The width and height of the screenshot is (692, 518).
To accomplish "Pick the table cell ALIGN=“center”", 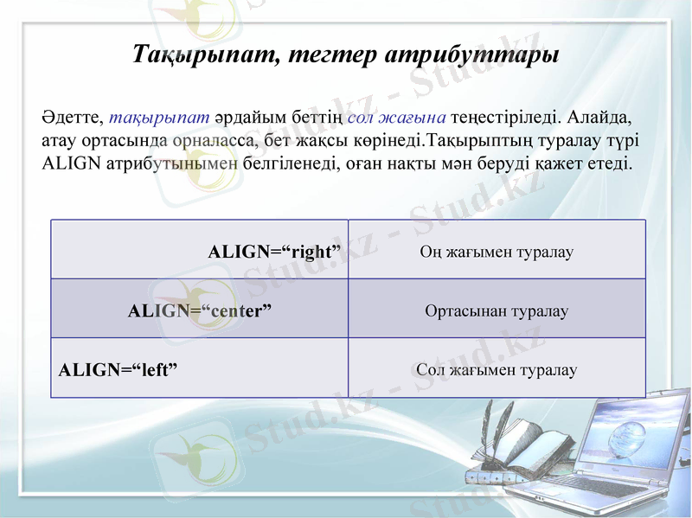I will [200, 310].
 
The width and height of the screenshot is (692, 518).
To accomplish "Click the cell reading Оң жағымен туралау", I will [497, 252].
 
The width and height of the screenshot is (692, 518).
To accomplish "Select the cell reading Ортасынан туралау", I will [497, 310].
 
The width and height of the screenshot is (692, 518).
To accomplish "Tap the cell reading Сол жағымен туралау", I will [497, 369].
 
